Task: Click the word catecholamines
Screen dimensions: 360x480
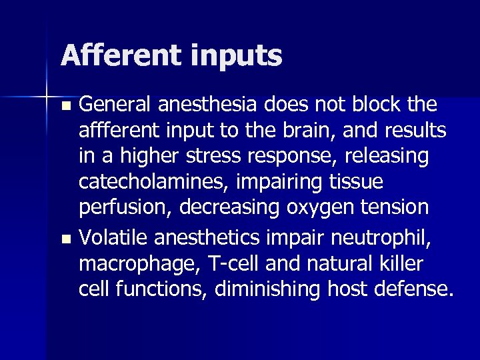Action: coord(145,181)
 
